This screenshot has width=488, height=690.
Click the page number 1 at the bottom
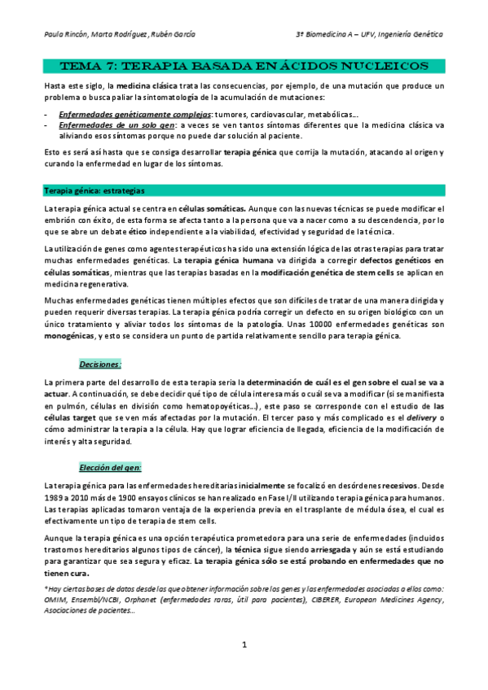(244, 646)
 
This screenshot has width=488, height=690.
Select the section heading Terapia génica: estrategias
(95, 191)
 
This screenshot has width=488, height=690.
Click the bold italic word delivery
(420, 417)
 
